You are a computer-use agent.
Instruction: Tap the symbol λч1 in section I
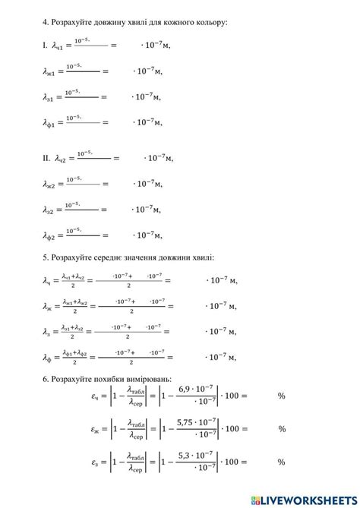62,46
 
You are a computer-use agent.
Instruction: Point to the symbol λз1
51,98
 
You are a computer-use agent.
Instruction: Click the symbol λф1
51,123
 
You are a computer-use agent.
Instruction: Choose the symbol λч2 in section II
65,159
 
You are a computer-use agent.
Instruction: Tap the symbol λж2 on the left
52,185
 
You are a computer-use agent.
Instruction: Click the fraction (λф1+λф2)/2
74,358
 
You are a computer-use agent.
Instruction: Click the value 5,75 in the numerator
185,422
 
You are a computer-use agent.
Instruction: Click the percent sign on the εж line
282,430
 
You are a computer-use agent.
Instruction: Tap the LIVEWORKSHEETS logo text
308,499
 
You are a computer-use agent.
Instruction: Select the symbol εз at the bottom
96,462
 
